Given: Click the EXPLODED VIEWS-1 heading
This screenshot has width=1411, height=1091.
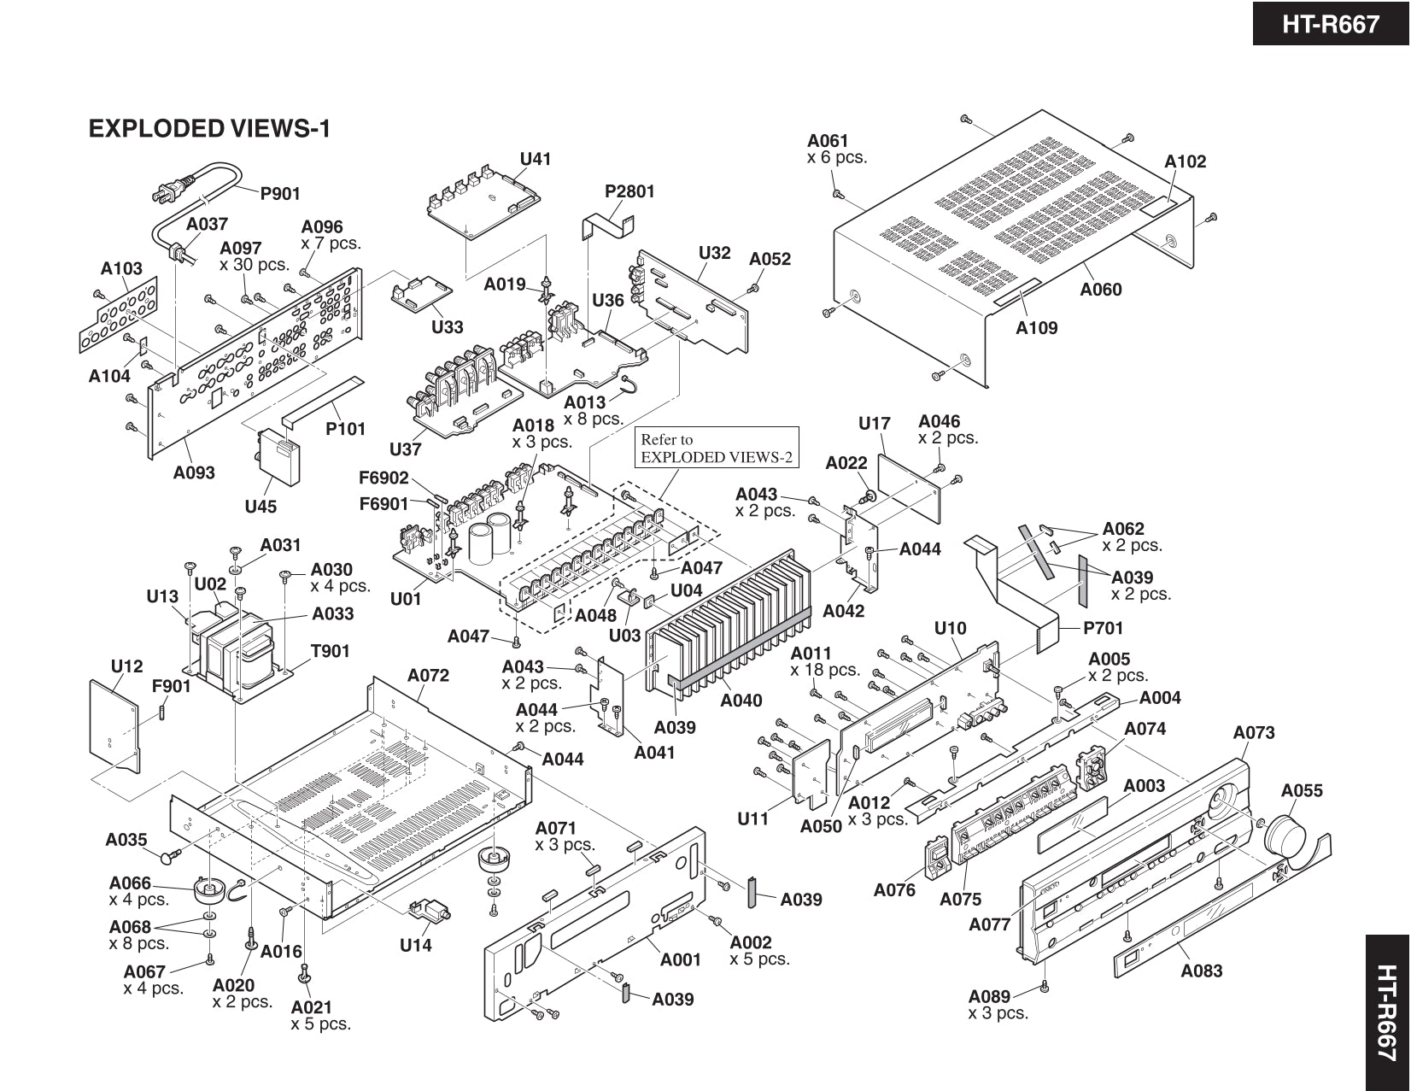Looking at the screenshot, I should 209,129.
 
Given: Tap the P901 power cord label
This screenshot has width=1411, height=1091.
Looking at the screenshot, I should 280,194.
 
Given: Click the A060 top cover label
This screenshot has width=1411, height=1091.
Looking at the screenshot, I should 1100,290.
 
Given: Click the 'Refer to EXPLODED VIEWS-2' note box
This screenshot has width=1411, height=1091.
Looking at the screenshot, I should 717,449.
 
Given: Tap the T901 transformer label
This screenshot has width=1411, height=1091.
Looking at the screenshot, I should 330,651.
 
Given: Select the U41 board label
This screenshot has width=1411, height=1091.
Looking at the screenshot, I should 536,159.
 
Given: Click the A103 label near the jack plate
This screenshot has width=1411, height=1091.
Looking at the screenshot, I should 121,268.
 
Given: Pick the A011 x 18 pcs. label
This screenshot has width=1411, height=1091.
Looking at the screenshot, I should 824,662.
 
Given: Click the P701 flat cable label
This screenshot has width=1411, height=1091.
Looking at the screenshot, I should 1103,629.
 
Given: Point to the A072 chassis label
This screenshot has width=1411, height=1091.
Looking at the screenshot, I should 428,676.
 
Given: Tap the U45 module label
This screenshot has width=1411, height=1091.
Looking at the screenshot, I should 261,507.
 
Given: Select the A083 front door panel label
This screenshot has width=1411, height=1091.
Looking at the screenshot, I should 1201,971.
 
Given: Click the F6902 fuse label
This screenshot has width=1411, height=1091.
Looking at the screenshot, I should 383,478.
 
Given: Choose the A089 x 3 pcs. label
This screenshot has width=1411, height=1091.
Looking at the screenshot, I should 997,1005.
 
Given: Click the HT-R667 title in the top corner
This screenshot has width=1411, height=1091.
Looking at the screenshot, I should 1330,24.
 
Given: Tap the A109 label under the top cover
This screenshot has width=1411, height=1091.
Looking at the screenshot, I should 1036,328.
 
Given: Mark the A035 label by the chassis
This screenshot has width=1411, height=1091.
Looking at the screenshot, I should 126,840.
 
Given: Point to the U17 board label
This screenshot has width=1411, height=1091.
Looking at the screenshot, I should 874,424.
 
